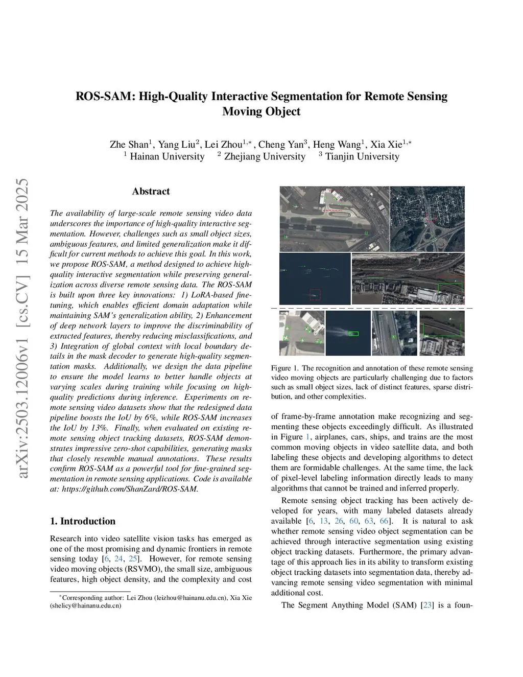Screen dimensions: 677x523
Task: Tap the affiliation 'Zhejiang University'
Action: point(265,156)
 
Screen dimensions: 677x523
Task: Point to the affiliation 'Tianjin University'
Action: point(362,156)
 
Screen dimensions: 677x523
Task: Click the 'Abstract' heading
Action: point(151,192)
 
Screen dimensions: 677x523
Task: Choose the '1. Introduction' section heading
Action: point(83,521)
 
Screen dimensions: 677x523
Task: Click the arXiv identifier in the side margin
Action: point(23,329)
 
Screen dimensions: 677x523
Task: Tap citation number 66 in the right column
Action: point(384,521)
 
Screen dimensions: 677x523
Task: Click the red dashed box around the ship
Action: point(315,294)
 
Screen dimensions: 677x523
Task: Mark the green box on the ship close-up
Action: point(353,334)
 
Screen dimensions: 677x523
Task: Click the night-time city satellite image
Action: point(427,219)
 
